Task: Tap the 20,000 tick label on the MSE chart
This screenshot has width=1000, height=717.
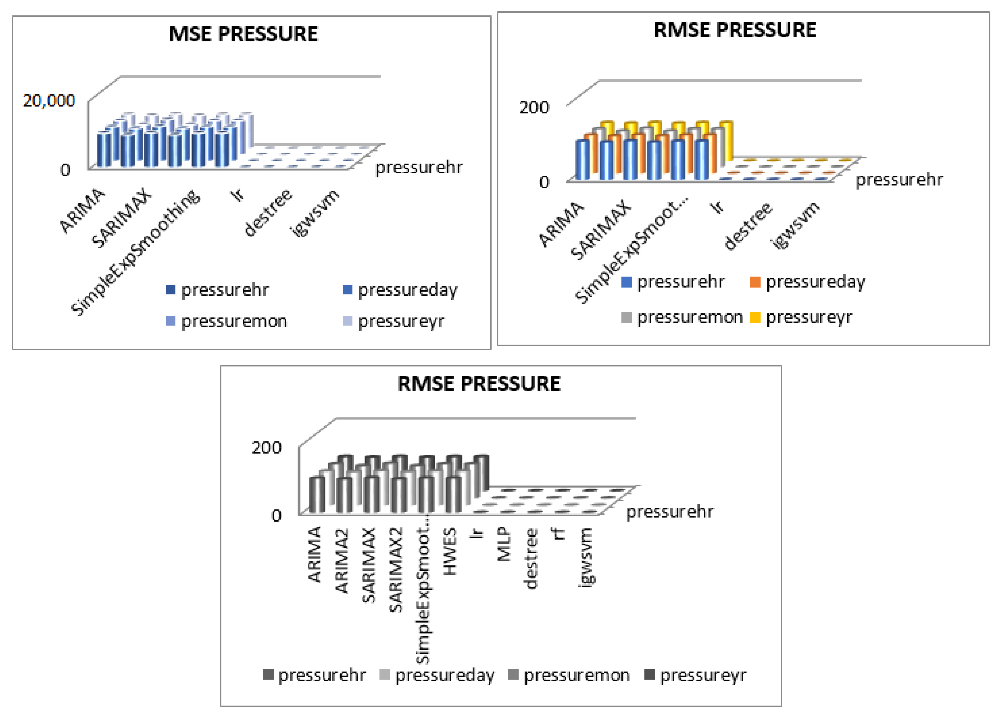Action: [49, 101]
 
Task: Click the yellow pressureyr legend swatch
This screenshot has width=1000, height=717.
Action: [755, 317]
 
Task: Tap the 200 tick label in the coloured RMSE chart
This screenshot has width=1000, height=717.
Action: [534, 107]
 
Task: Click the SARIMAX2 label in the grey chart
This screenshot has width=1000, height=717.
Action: [396, 569]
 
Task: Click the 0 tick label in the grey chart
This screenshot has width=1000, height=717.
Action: [276, 515]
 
